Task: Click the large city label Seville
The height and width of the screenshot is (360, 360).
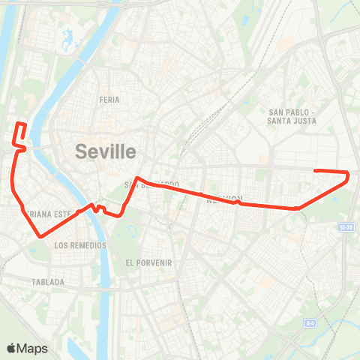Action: (x=106, y=151)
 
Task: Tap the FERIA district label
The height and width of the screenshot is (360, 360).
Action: (x=109, y=99)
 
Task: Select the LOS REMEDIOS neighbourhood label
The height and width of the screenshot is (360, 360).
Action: (x=80, y=245)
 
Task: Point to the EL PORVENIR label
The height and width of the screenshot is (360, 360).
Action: (x=149, y=263)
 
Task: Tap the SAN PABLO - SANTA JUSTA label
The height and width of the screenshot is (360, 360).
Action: (x=293, y=116)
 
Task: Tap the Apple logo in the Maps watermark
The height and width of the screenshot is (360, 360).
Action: (x=12, y=348)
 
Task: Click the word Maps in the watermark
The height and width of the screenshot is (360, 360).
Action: (x=33, y=348)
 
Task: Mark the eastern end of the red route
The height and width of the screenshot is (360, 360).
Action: (x=315, y=171)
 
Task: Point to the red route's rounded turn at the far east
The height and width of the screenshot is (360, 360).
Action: (x=348, y=175)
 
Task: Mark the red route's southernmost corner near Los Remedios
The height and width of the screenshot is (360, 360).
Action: (x=39, y=235)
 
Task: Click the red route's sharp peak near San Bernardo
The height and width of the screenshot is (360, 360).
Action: (x=136, y=178)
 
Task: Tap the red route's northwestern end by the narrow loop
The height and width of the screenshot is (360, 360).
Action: (x=18, y=123)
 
